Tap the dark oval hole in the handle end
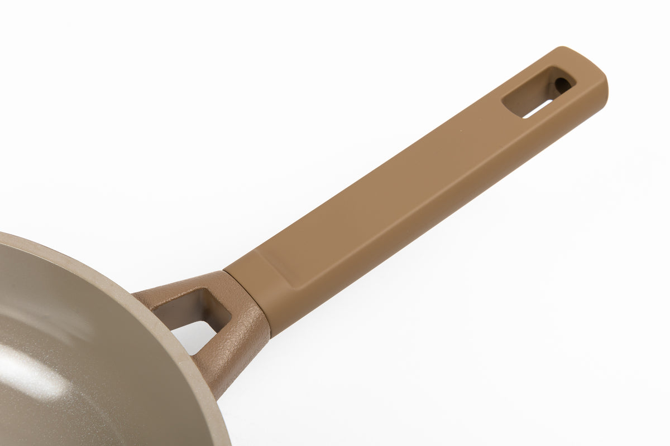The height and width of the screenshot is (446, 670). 561,85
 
